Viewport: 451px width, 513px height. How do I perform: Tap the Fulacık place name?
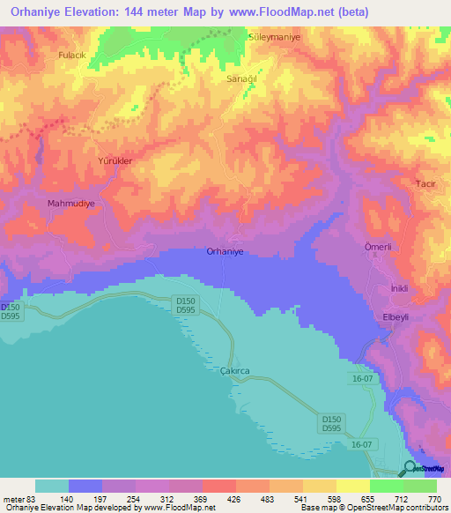click(x=70, y=56)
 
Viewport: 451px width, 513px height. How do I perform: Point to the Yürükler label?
click(x=115, y=162)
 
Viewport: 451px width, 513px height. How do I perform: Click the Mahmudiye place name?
click(x=70, y=203)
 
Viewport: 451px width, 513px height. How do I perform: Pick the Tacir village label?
click(x=426, y=183)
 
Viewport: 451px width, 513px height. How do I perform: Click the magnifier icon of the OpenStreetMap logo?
click(x=410, y=468)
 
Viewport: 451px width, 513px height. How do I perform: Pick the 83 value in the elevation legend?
click(x=35, y=499)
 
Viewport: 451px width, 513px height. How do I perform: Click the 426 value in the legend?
click(x=234, y=499)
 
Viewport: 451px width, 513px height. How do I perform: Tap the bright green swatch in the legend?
click(x=386, y=486)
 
